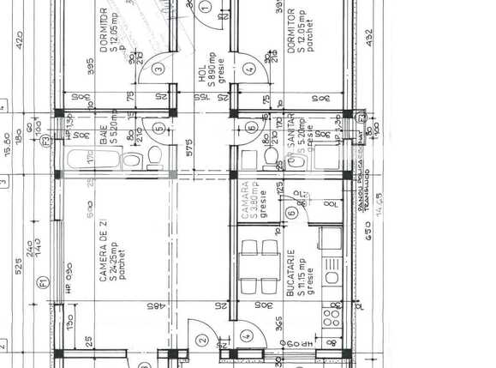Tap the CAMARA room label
(x=246, y=199)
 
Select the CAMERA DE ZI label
(x=103, y=250)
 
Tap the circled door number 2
(x=203, y=340)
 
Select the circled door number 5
(x=158, y=129)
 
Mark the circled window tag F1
(x=40, y=282)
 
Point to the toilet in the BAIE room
(x=152, y=157)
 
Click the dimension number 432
(x=369, y=39)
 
